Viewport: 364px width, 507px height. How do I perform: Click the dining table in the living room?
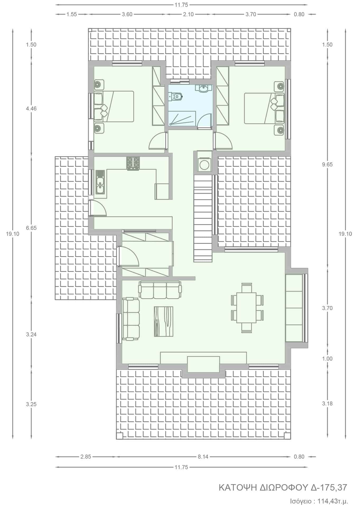(x=246, y=307)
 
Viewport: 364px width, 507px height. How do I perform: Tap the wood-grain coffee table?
(x=164, y=321)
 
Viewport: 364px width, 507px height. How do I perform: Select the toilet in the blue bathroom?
(x=176, y=97)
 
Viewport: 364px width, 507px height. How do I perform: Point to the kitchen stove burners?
(x=133, y=163)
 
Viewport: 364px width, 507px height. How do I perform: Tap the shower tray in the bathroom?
(x=182, y=118)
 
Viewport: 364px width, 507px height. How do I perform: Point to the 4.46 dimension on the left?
(x=31, y=109)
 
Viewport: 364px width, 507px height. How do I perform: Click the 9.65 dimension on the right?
(x=328, y=165)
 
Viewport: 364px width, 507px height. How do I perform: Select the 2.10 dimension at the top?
(x=188, y=14)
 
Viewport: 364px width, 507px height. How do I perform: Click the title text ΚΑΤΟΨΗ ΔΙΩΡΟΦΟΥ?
(x=263, y=487)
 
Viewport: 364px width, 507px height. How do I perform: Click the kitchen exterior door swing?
(x=98, y=208)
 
